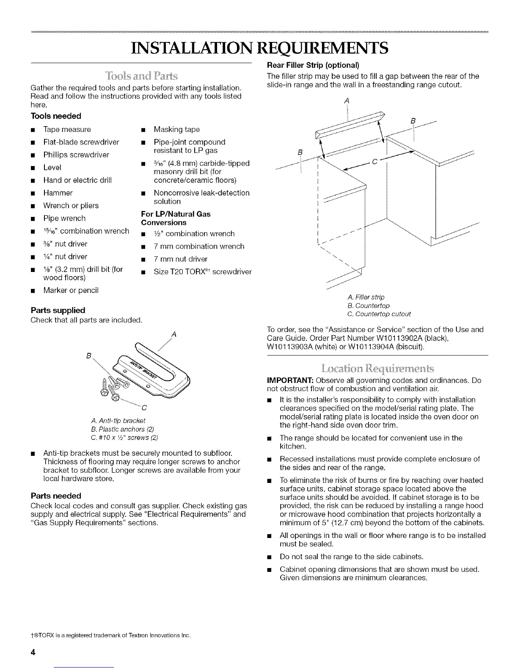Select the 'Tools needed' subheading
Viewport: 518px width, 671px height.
pos(56,116)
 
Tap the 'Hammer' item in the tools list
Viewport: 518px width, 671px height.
pos(58,193)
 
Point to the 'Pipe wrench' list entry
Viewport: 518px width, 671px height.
pos(64,219)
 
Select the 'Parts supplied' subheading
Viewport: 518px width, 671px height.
pos(58,310)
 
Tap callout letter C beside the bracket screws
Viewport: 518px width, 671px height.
pos(144,408)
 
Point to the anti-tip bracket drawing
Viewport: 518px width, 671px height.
pos(157,373)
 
